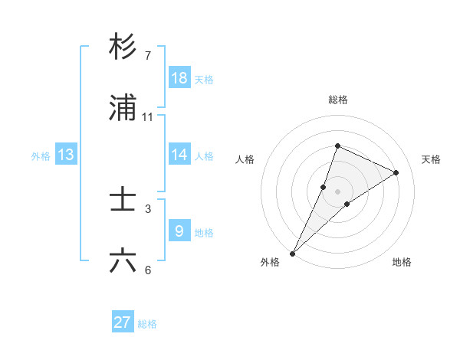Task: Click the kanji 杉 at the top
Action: (123, 47)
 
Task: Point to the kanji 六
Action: (123, 261)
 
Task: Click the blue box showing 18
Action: (179, 78)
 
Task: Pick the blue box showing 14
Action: (179, 155)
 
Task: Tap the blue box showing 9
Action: (179, 231)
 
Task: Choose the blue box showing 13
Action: (66, 155)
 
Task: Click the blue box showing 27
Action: (123, 322)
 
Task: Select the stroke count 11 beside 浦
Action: (148, 117)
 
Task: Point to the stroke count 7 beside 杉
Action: (148, 55)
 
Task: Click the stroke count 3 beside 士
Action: (148, 208)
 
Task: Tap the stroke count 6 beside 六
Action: (148, 270)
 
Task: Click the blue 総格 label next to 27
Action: (147, 324)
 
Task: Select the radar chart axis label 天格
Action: (431, 159)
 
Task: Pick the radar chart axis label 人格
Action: (245, 159)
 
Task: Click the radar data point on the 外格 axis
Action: (293, 253)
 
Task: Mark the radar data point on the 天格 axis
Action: (396, 172)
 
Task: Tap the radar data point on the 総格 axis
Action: (337, 146)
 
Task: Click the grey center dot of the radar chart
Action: (337, 191)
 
